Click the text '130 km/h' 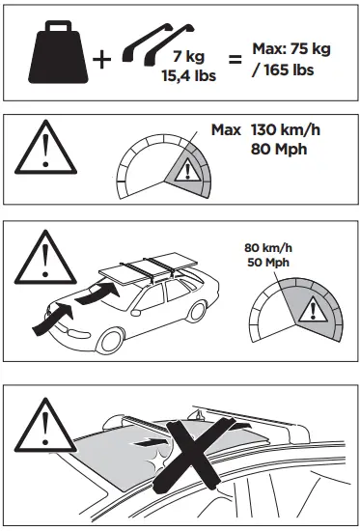[x=284, y=130]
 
